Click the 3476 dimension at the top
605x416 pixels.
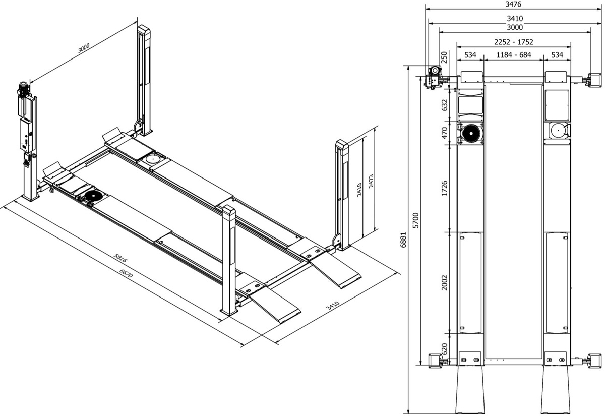[513, 4]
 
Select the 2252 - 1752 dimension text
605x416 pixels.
[513, 42]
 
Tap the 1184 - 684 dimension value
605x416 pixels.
[513, 54]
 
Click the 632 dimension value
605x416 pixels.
[444, 105]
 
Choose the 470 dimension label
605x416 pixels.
[444, 133]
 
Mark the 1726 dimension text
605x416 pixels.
[444, 188]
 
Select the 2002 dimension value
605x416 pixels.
[444, 282]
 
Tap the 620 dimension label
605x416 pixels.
[444, 349]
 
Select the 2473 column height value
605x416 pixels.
[371, 181]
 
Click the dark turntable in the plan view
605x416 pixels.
[471, 133]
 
